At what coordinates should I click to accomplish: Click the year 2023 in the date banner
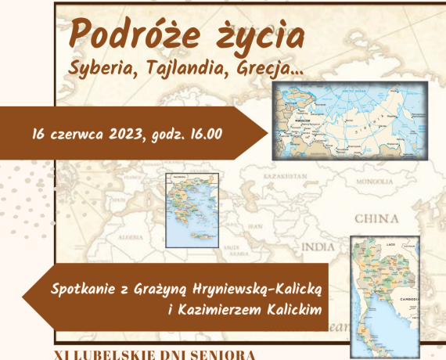[133, 132]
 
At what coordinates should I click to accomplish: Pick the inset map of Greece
[192, 211]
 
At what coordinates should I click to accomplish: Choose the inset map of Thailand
[384, 293]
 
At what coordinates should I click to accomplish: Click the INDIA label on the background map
[318, 247]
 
